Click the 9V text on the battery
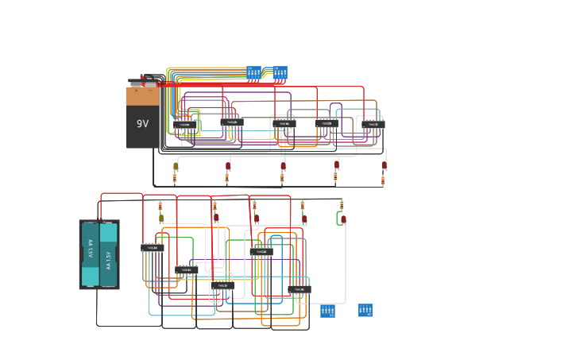click(142, 123)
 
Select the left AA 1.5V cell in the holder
click(90, 254)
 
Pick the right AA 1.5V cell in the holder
click(109, 254)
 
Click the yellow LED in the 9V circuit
click(176, 166)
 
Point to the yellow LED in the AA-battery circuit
click(160, 218)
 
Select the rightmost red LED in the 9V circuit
click(384, 166)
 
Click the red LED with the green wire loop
click(343, 219)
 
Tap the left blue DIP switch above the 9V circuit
click(253, 73)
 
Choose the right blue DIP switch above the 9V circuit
click(280, 73)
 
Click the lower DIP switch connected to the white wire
click(327, 310)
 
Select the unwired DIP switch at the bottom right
click(365, 309)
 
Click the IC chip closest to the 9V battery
click(185, 125)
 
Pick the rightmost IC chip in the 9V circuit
click(373, 124)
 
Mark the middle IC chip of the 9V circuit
click(283, 123)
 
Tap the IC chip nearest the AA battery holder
click(152, 247)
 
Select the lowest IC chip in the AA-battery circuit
click(299, 289)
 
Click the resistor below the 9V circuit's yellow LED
click(176, 179)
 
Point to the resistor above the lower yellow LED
click(160, 205)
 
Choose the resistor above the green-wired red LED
click(342, 205)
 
